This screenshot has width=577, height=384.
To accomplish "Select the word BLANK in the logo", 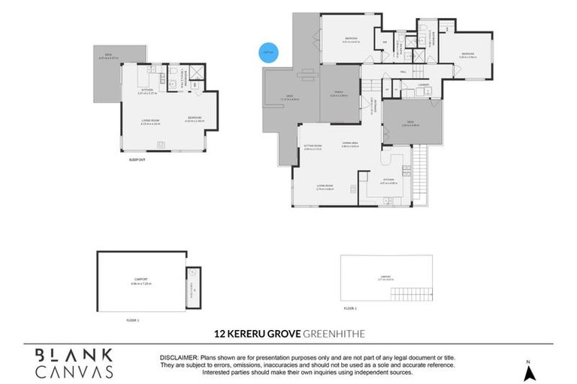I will click(74, 355).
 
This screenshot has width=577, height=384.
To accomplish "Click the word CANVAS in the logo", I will click(74, 371).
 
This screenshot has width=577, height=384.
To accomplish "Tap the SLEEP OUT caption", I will click(137, 159).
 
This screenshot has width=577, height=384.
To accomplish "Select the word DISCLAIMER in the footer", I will click(177, 357).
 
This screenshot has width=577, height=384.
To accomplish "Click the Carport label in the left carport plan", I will click(140, 281).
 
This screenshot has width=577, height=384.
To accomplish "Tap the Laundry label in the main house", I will click(424, 85).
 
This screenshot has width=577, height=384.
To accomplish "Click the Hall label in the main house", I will click(403, 73).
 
